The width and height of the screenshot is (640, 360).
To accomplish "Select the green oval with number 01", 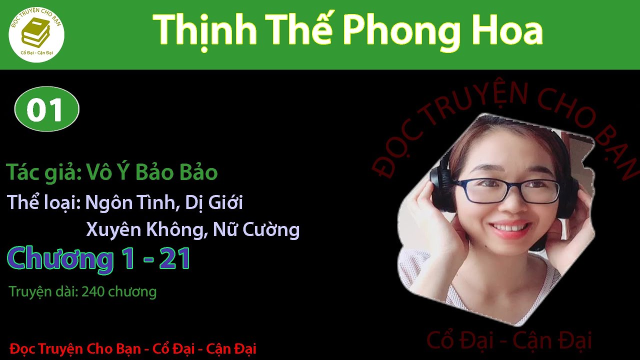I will tap(46, 109).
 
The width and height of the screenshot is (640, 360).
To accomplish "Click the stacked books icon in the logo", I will tap(35, 33).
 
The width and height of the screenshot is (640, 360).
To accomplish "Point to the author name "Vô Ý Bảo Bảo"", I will tap(152, 172).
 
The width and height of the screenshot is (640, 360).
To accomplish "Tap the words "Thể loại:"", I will tap(44, 203).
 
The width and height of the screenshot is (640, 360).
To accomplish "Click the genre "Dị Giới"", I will tap(214, 203).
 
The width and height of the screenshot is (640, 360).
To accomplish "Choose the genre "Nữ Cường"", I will tap(256, 229).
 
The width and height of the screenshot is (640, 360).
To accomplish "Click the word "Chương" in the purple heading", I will tap(60, 259).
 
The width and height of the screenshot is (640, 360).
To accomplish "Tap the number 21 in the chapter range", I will tap(175, 259).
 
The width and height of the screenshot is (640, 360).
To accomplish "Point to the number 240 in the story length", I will tap(92, 291).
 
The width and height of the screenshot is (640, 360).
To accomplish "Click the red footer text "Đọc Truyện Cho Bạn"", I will tap(75, 348).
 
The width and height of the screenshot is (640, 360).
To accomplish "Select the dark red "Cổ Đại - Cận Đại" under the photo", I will tap(509, 341).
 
